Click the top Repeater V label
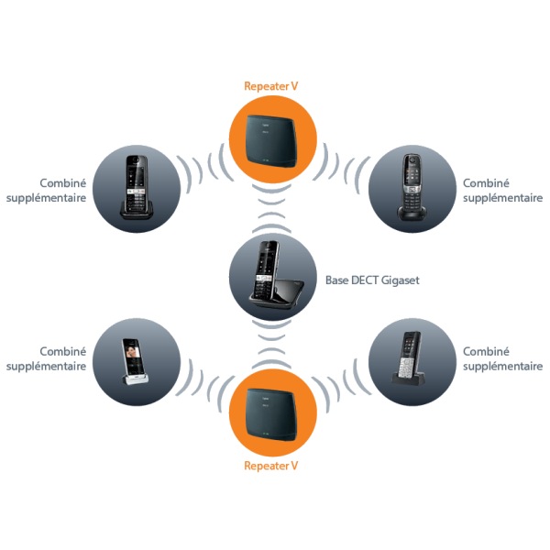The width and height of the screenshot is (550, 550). (x=270, y=86)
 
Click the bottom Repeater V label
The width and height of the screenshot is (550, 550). (x=270, y=466)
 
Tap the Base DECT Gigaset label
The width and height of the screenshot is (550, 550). (x=372, y=280)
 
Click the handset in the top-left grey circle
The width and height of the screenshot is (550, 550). (x=137, y=188)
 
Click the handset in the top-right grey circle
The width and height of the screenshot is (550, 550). (x=412, y=187)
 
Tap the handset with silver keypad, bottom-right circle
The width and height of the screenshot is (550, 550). (x=409, y=358)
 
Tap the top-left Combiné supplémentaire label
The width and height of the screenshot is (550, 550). (x=47, y=191)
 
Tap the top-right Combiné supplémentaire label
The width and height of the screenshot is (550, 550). (x=502, y=191)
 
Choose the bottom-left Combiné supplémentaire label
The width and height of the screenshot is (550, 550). (x=47, y=358)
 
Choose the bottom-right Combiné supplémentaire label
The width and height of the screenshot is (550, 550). (x=502, y=358)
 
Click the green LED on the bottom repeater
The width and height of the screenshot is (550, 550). (x=266, y=434)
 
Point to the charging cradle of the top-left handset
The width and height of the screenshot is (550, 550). (x=137, y=210)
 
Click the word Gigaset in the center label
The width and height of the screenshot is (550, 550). (x=401, y=280)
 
